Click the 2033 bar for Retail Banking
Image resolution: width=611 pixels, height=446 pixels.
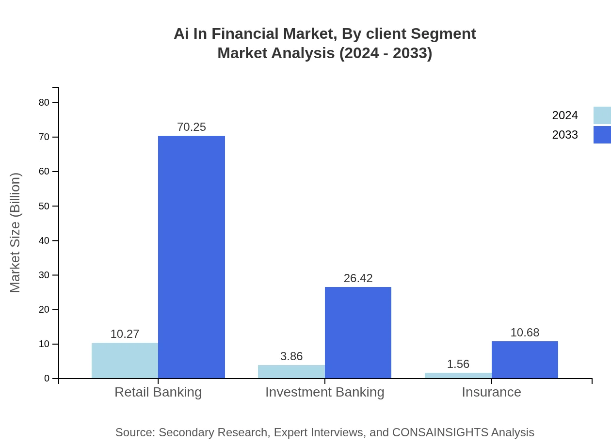(192, 257)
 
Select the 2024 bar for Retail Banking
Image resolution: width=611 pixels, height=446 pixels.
(125, 361)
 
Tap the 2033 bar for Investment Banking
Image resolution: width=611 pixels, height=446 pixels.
(358, 333)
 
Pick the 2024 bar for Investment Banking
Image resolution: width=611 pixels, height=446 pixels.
(291, 372)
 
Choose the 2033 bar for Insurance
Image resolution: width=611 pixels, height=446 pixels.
(525, 360)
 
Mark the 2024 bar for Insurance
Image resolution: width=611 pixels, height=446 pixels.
(458, 376)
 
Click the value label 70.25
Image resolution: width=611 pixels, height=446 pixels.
(192, 127)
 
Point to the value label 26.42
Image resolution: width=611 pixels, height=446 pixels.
(358, 278)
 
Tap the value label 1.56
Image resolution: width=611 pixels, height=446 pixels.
(458, 364)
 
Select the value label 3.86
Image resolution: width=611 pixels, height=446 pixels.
(291, 356)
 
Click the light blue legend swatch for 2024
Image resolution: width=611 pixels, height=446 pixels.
(602, 115)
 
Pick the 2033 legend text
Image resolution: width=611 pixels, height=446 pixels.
(565, 135)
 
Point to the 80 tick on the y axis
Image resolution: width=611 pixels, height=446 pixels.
(44, 102)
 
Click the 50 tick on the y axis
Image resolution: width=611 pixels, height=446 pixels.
(44, 206)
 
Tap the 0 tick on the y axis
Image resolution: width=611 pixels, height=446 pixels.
(47, 379)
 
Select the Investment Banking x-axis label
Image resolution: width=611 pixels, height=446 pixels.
(325, 392)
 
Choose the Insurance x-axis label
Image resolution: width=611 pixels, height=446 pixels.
(491, 392)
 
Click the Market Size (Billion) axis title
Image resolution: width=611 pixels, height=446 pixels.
(16, 233)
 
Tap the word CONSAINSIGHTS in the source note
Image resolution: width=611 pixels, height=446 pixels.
(439, 432)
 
